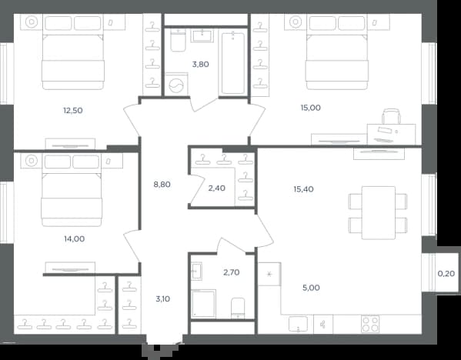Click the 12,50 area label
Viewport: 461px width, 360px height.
(73, 111)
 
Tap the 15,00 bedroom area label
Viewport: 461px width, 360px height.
(310, 108)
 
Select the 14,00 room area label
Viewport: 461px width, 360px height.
(75, 239)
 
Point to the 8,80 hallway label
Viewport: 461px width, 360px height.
(162, 185)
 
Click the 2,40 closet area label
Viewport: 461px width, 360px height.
(217, 188)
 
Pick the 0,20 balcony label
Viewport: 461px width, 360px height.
(446, 274)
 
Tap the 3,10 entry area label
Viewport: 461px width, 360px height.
(163, 299)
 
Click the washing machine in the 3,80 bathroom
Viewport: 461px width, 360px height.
(176, 85)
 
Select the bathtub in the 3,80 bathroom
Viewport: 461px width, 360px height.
(233, 64)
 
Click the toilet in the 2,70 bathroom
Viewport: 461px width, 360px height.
(238, 308)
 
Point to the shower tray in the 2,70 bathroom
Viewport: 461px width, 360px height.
(203, 304)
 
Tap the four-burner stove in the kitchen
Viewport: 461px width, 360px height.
(370, 324)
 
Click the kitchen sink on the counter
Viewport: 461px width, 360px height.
(298, 324)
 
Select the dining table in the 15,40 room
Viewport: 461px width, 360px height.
(379, 213)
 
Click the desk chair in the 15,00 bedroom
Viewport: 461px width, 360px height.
(391, 116)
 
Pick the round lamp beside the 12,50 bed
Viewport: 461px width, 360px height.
(32, 22)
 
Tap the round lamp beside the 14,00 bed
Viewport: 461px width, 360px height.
(31, 161)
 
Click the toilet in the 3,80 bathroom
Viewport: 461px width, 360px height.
(179, 40)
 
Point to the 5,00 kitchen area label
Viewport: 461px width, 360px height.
(311, 288)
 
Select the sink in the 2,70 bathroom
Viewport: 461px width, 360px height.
(196, 272)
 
